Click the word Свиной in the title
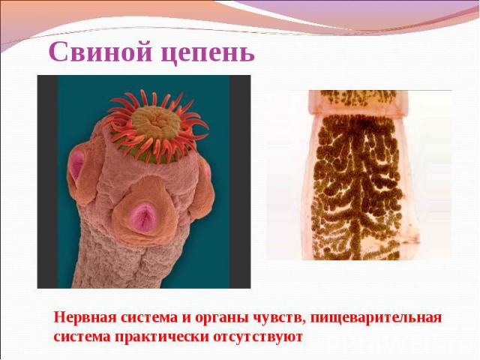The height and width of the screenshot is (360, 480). pos(100,51)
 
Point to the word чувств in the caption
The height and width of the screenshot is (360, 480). pos(280,318)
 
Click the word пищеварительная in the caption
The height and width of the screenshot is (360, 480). pos(376,318)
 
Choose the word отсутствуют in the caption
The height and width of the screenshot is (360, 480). pos(258,337)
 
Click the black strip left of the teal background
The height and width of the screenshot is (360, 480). pos(47,181)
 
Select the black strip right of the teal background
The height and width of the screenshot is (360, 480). pos(240,181)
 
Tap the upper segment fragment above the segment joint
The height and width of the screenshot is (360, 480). pos(358,102)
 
